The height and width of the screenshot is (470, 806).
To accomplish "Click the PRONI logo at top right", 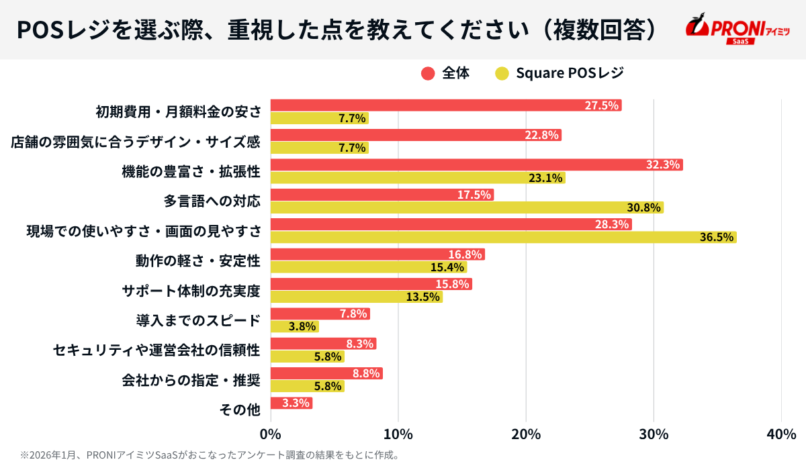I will [737, 29].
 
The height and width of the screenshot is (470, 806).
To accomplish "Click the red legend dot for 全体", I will [428, 74].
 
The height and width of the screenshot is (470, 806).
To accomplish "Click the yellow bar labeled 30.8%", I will [467, 207].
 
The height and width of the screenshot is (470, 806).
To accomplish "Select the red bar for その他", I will [291, 403].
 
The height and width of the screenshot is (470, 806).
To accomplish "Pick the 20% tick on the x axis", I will [526, 434].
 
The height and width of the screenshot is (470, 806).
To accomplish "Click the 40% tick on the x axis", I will [781, 434].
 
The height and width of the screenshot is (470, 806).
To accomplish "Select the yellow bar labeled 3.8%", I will [294, 326].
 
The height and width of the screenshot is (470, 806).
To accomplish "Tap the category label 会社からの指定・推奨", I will [191, 379].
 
